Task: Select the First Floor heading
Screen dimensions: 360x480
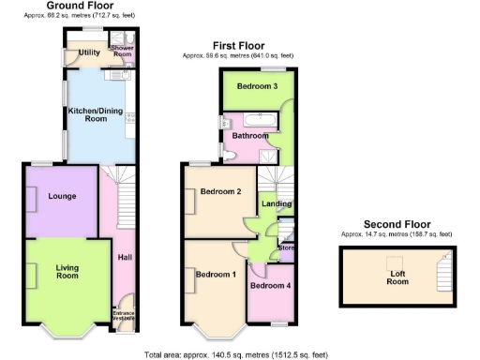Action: pyautogui.click(x=238, y=45)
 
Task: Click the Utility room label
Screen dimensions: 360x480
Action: pyautogui.click(x=90, y=52)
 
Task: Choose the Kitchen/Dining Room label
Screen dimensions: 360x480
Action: pyautogui.click(x=97, y=115)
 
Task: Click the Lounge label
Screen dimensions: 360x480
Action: pyautogui.click(x=62, y=196)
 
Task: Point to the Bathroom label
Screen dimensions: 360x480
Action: pyautogui.click(x=250, y=135)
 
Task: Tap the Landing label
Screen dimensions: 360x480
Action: pyautogui.click(x=275, y=203)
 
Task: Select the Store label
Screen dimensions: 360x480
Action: pyautogui.click(x=286, y=248)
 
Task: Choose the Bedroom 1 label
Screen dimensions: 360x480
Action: pyautogui.click(x=216, y=275)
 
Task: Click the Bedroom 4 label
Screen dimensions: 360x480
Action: pyautogui.click(x=270, y=285)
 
